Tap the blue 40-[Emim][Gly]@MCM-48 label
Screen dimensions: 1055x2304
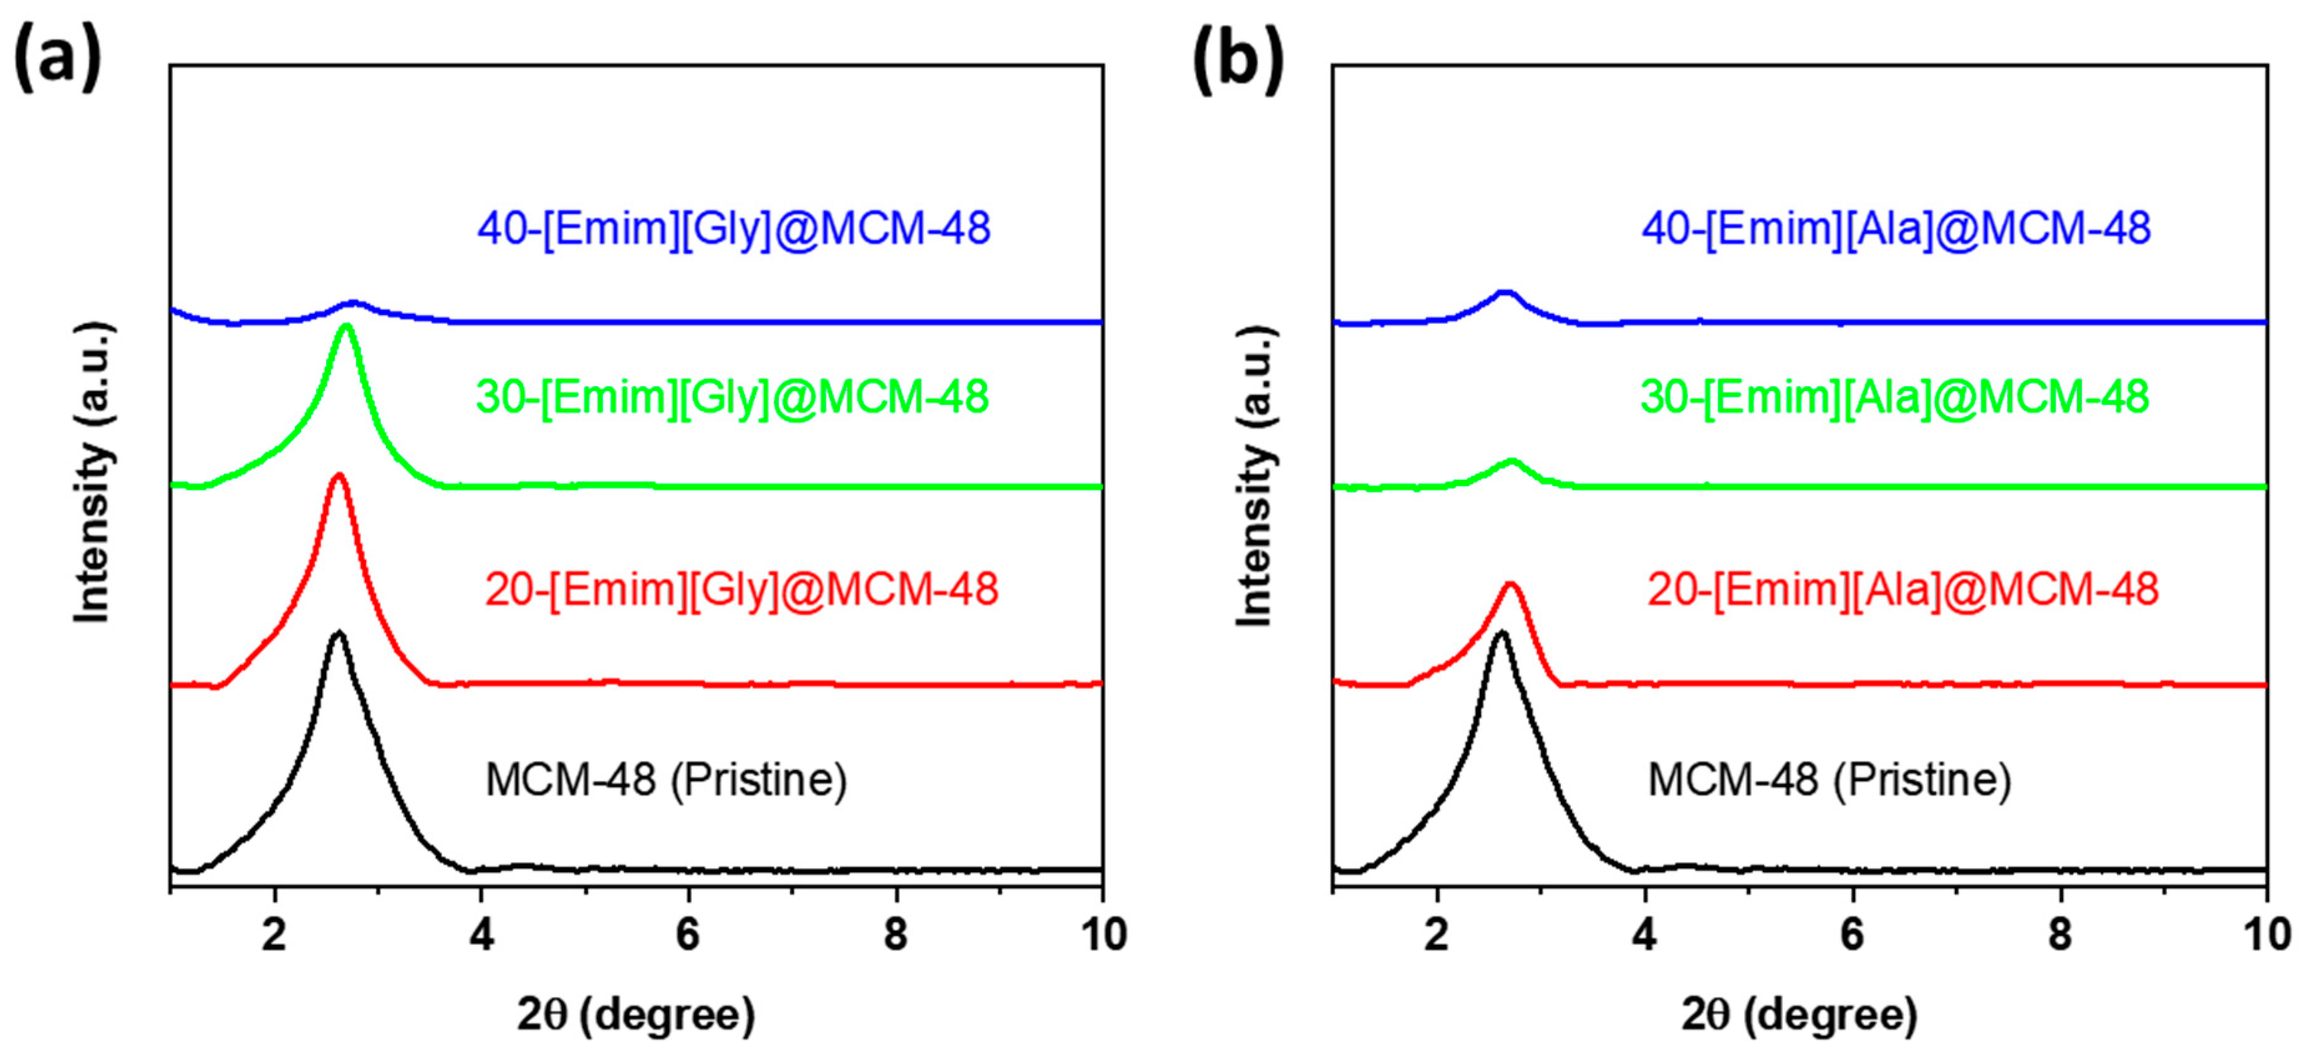pyautogui.click(x=733, y=228)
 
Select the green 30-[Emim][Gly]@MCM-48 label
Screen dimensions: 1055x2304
pyautogui.click(x=731, y=396)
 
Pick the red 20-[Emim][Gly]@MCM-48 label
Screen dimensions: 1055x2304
pyautogui.click(x=741, y=589)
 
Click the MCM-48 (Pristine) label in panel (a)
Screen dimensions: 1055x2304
pyautogui.click(x=665, y=779)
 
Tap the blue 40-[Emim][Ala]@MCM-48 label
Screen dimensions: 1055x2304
pyautogui.click(x=1895, y=228)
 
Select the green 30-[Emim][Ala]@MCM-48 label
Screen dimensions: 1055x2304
pyautogui.click(x=1894, y=396)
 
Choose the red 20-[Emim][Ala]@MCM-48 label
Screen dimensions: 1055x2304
pyautogui.click(x=1902, y=589)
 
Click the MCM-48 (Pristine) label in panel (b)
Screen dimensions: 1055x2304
pyautogui.click(x=1829, y=779)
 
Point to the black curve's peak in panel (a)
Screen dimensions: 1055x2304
pyautogui.click(x=338, y=633)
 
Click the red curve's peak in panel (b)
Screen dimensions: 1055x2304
pyautogui.click(x=1511, y=585)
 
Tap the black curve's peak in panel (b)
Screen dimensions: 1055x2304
pyautogui.click(x=1501, y=633)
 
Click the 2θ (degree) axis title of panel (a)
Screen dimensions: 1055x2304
pyautogui.click(x=636, y=1014)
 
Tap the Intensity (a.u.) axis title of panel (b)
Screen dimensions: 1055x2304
pyautogui.click(x=1256, y=474)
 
